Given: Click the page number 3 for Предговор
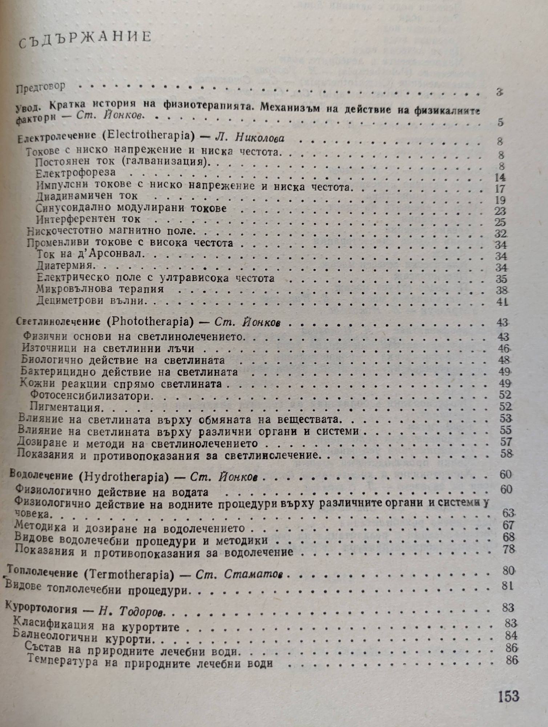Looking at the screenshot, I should click(x=499, y=93).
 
